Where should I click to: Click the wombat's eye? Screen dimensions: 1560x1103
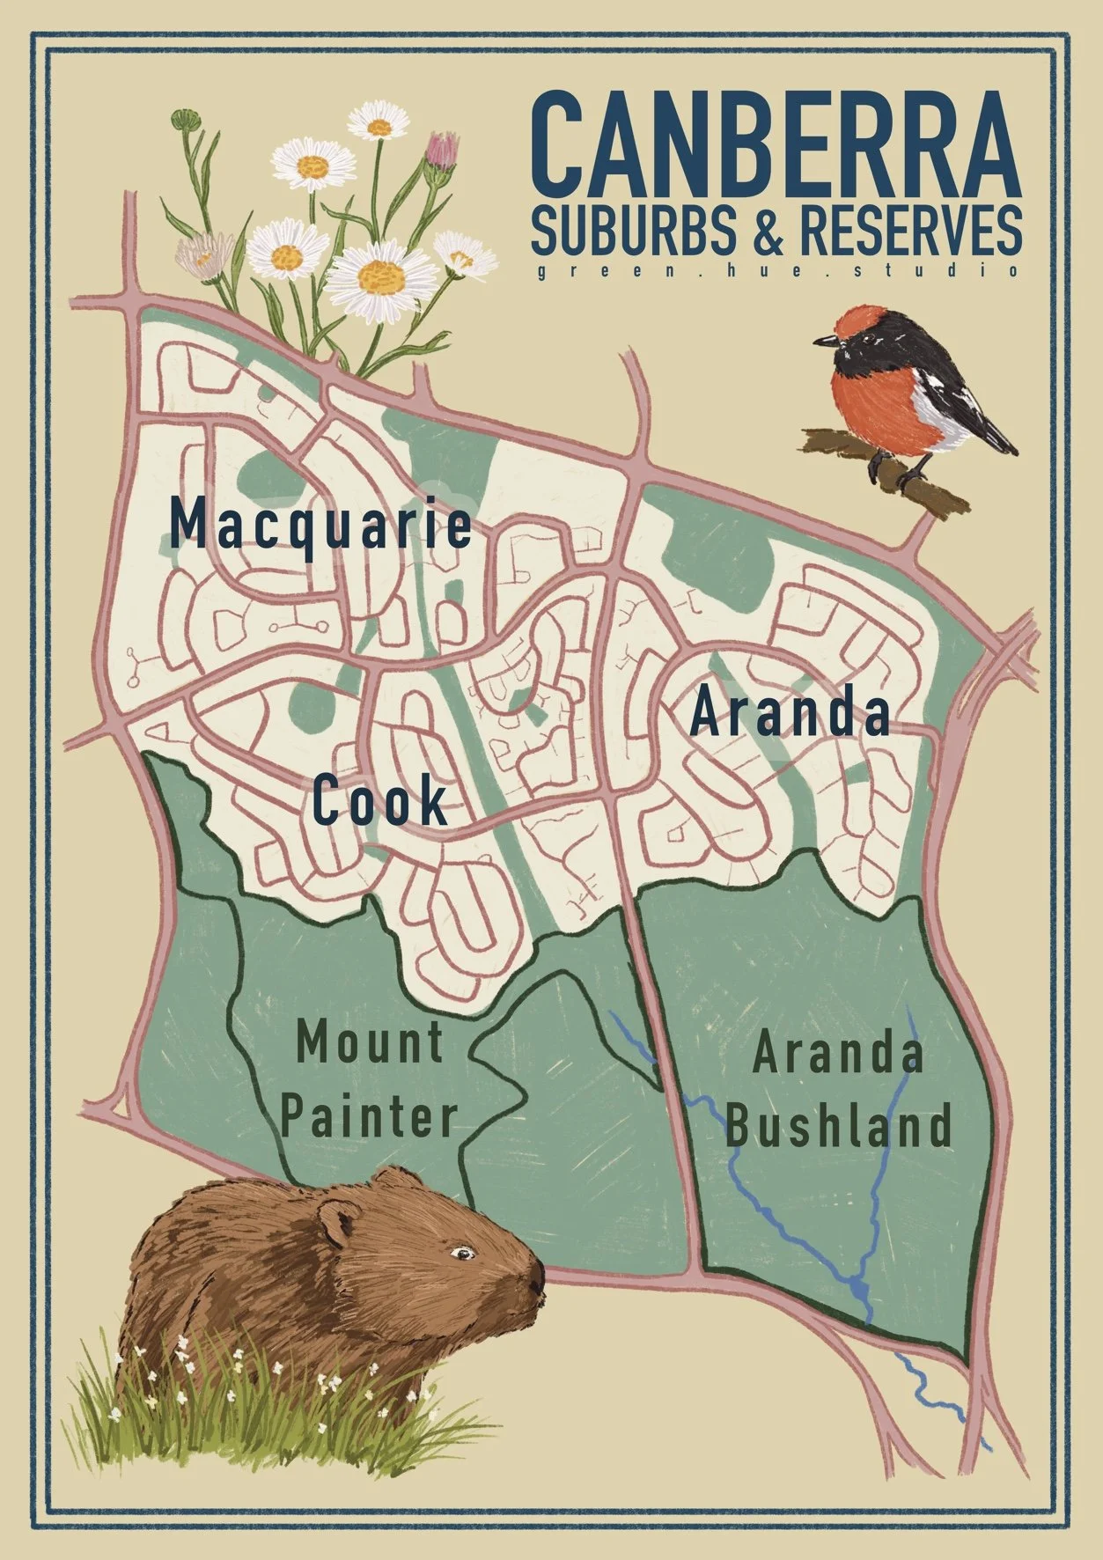(459, 1251)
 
